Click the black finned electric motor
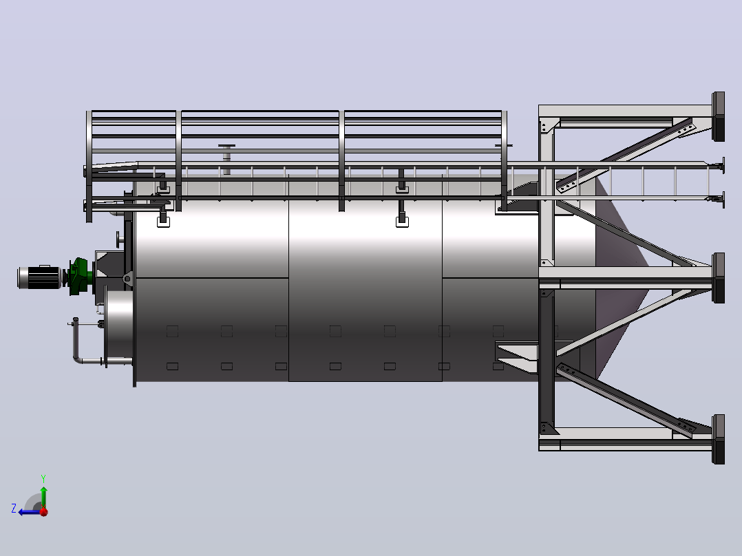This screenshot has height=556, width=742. tap(39, 277)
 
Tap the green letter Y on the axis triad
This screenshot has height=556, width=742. tap(43, 478)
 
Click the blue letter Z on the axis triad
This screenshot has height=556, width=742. tap(14, 509)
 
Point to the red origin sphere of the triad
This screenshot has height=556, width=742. tap(43, 511)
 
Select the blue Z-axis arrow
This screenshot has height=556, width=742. tap(30, 512)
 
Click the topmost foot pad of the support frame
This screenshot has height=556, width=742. tap(719, 116)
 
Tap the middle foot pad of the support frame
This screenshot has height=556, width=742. tap(719, 278)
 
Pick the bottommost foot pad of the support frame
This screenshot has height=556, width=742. tap(719, 440)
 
